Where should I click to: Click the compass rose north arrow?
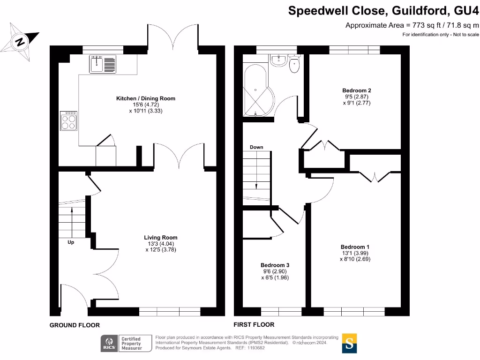pyautogui.click(x=20, y=42)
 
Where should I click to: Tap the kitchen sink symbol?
pyautogui.click(x=103, y=64)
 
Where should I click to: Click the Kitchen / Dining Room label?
pyautogui.click(x=146, y=98)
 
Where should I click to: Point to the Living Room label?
pyautogui.click(x=160, y=238)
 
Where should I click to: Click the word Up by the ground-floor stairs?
pyautogui.click(x=71, y=242)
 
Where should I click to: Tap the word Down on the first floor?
pyautogui.click(x=256, y=147)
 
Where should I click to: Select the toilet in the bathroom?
pyautogui.click(x=295, y=65)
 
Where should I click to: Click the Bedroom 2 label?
pyautogui.click(x=357, y=90)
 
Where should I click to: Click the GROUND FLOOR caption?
pyautogui.click(x=75, y=325)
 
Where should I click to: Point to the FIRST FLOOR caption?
pyautogui.click(x=254, y=324)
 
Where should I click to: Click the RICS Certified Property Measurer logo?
pyautogui.click(x=122, y=344)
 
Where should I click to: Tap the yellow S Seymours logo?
pyautogui.click(x=349, y=343)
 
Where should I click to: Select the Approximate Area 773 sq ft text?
pyautogui.click(x=412, y=25)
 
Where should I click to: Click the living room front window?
pyautogui.click(x=170, y=311)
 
